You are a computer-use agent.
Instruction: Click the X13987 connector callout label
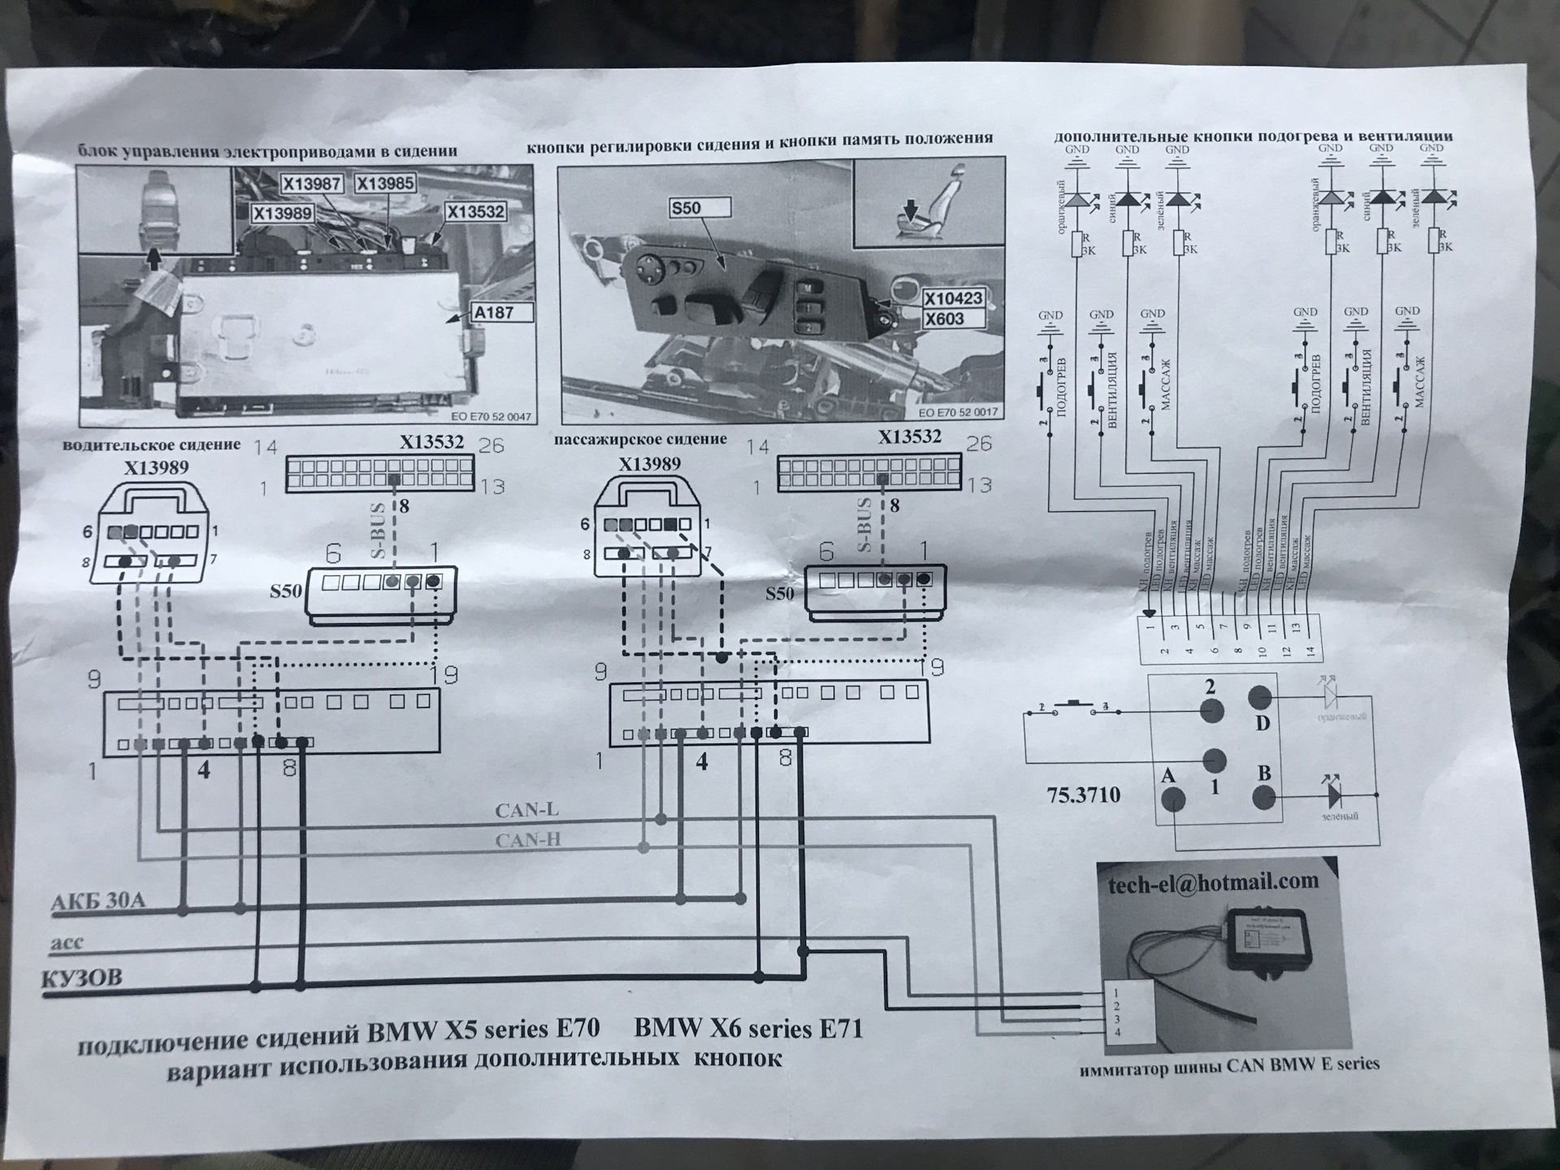pyautogui.click(x=312, y=184)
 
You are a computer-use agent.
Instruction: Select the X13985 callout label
pyautogui.click(x=385, y=183)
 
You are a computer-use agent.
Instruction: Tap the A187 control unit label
pyautogui.click(x=493, y=312)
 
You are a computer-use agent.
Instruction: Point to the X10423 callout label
pyautogui.click(x=953, y=298)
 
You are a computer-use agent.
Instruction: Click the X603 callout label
pyautogui.click(x=944, y=318)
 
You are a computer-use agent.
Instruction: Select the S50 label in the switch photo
pyautogui.click(x=687, y=208)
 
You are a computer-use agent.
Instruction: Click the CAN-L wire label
pyautogui.click(x=526, y=810)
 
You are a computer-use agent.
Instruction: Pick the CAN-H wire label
pyautogui.click(x=528, y=839)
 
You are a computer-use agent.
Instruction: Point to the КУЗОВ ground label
pyautogui.click(x=82, y=978)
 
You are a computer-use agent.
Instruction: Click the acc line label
pyautogui.click(x=67, y=943)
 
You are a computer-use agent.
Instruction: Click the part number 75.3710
pyautogui.click(x=1083, y=795)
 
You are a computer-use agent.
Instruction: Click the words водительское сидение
pyautogui.click(x=151, y=445)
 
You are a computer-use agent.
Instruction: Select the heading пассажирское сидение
pyautogui.click(x=640, y=440)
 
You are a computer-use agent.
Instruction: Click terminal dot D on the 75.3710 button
pyautogui.click(x=1259, y=697)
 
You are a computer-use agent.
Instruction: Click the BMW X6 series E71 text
pyautogui.click(x=747, y=1029)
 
